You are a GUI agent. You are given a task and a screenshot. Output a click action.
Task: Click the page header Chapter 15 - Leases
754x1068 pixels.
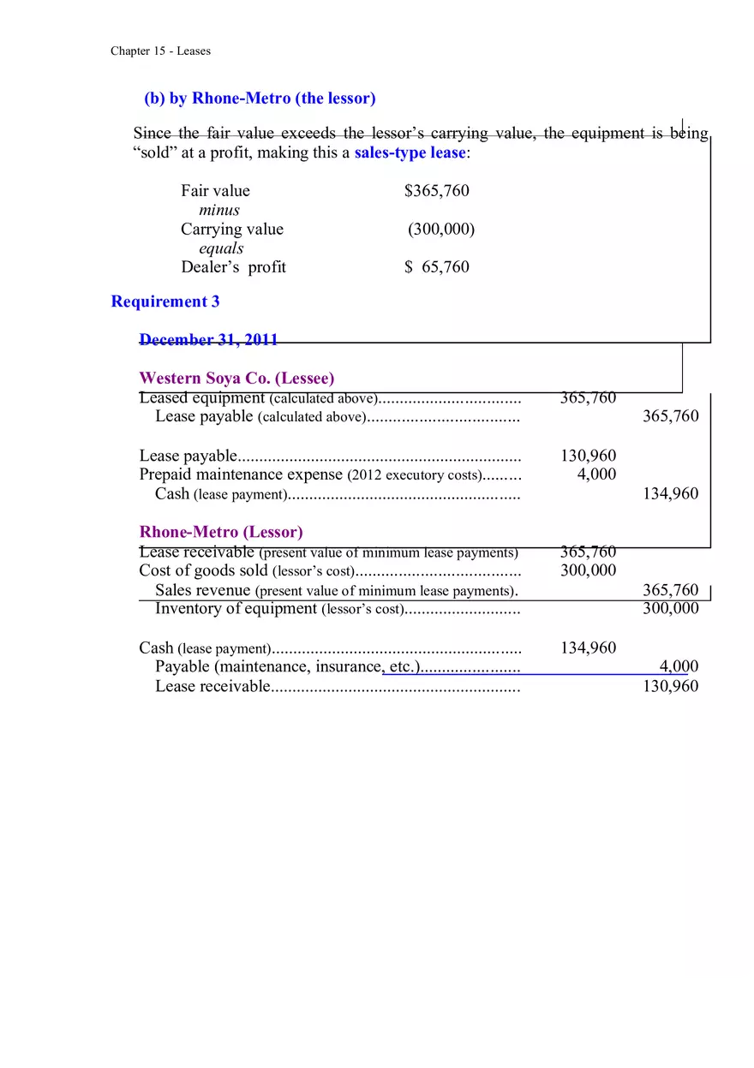[x=160, y=51]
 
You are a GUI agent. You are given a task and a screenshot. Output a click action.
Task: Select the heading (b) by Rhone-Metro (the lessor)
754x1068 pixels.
[x=260, y=98]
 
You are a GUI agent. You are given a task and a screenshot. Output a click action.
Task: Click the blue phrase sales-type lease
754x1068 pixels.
[x=410, y=153]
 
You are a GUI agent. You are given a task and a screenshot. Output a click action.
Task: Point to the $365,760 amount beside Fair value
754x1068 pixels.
[x=437, y=191]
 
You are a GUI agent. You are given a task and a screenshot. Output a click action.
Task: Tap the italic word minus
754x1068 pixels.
[x=219, y=210]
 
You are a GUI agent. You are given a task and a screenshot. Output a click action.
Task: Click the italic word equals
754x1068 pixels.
[x=221, y=248]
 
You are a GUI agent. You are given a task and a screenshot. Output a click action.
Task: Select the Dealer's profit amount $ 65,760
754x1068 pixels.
[x=437, y=267]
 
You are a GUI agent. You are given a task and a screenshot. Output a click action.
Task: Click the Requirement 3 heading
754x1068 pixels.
[x=165, y=301]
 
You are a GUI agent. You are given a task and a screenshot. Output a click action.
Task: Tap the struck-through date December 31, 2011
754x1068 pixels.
[x=208, y=340]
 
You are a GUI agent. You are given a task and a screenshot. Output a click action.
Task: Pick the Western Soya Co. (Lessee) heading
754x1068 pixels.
[x=236, y=378]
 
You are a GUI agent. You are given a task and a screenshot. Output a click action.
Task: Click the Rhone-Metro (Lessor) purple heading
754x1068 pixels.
[x=221, y=532]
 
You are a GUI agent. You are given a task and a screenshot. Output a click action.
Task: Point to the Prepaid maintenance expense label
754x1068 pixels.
[x=241, y=474]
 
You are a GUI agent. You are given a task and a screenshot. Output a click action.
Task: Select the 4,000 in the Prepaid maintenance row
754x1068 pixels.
[x=596, y=474]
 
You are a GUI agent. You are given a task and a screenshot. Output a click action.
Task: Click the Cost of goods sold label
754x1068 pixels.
[x=203, y=570]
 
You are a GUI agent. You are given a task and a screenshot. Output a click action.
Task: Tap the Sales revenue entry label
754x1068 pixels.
[x=202, y=590]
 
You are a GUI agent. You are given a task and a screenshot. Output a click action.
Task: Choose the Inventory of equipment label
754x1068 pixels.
[x=236, y=609]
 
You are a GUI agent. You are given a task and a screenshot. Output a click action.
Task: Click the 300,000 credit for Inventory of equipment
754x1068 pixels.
[x=670, y=609]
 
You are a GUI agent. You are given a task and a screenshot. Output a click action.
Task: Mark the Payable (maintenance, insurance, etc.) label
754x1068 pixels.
[x=286, y=666]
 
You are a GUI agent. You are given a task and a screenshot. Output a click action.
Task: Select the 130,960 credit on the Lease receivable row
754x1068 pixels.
[x=670, y=686]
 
